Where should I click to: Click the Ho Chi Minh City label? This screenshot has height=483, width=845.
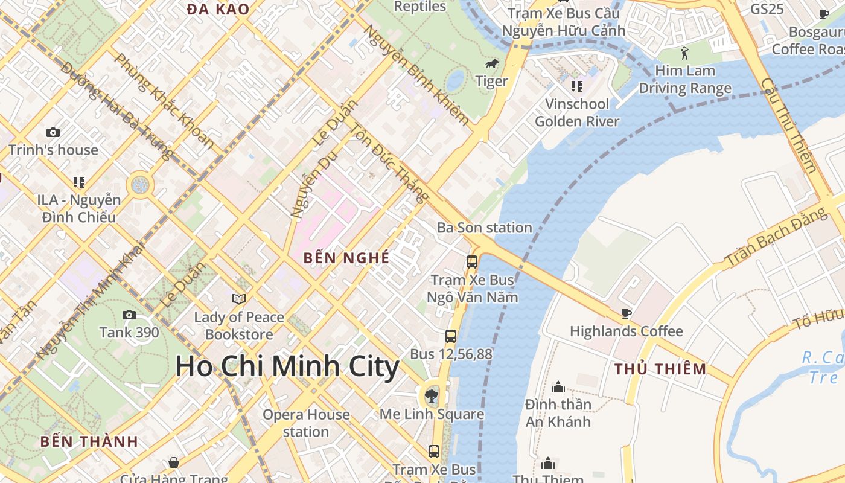click(287, 366)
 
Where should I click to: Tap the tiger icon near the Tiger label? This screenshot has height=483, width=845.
click(491, 63)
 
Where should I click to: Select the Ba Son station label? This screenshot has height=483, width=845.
click(485, 228)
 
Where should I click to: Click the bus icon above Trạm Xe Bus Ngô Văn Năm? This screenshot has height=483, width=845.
click(472, 262)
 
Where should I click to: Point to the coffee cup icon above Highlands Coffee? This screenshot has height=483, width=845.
click(627, 313)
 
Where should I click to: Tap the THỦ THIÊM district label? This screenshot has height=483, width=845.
click(660, 369)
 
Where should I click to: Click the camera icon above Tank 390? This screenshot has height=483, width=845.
click(129, 315)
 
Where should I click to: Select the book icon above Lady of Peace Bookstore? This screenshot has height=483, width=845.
click(239, 299)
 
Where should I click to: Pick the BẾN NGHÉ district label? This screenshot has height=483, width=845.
click(346, 258)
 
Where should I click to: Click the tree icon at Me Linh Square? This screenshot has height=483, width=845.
click(432, 396)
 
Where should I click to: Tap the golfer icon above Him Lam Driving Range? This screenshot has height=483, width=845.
click(684, 53)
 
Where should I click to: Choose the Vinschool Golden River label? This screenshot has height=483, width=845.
click(577, 112)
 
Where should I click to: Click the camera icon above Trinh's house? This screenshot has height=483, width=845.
click(53, 132)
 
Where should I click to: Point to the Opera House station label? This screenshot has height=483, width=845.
click(306, 423)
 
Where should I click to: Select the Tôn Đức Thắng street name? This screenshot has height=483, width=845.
click(390, 163)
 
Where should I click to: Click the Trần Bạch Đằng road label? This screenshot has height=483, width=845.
click(776, 237)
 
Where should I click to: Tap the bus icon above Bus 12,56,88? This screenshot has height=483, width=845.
click(451, 336)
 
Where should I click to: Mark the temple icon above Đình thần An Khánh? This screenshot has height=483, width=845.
click(558, 386)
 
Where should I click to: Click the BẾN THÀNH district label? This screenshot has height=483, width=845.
click(89, 441)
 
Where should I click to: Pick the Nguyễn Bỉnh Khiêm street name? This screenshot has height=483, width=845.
click(416, 75)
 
